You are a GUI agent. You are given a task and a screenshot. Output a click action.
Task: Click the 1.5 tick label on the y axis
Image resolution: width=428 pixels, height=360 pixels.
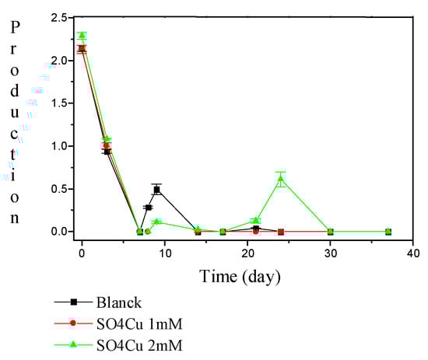coord(57,103)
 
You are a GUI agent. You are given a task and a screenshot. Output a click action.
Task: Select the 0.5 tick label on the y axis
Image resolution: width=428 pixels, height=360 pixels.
coord(57,189)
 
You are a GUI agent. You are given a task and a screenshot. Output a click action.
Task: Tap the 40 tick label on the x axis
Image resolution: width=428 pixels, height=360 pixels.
coord(416,253)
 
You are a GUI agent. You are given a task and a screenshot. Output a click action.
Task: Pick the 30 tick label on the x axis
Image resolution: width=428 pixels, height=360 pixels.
coord(333,253)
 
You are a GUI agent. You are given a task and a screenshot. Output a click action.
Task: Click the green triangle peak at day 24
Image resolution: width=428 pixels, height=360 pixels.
coord(280,180)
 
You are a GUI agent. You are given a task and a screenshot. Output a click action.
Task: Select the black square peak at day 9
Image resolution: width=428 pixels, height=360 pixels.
coord(156,190)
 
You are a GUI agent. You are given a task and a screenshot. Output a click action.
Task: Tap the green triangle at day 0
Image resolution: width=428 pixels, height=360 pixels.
coord(82,35)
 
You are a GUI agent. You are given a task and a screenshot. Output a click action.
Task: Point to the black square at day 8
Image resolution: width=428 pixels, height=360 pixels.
coord(148,208)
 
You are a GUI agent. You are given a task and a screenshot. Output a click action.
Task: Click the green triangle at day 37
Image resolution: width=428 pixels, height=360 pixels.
coord(388,232)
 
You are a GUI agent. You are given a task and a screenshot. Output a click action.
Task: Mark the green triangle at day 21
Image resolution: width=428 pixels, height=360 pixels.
coord(255,221)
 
